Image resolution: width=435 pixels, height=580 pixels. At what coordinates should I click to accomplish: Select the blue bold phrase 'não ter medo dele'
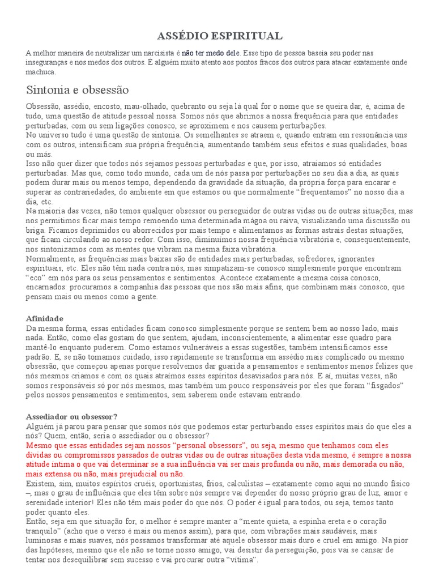point(208,53)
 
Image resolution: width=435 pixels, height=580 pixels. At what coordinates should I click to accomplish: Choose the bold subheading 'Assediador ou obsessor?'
point(72,416)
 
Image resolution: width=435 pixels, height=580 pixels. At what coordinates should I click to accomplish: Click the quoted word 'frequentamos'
point(336,193)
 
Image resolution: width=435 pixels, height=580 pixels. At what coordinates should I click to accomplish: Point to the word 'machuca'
point(41,72)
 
